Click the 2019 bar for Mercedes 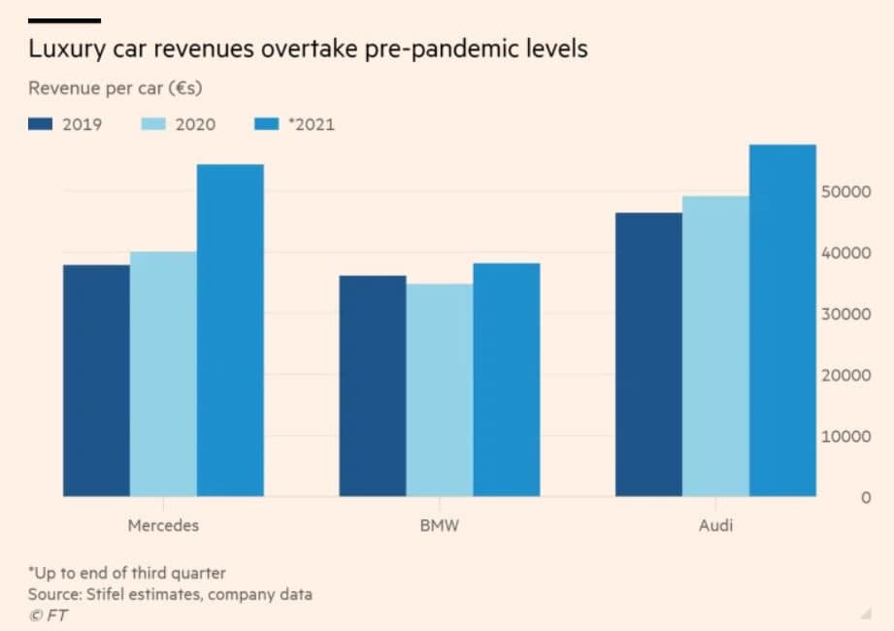pos(96,381)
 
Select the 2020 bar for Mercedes pos(163,375)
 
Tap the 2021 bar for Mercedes pos(230,330)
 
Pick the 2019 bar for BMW pos(373,386)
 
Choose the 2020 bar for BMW pos(440,390)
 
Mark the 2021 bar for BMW pos(507,380)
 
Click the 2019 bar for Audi pos(648,354)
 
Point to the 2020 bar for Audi pos(715,347)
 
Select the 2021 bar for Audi pos(782,320)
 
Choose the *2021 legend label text pos(312,124)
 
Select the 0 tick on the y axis pos(864,498)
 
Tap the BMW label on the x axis pos(440,526)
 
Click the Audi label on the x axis pos(715,526)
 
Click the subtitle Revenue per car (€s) pos(121,89)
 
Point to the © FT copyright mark pos(48,614)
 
